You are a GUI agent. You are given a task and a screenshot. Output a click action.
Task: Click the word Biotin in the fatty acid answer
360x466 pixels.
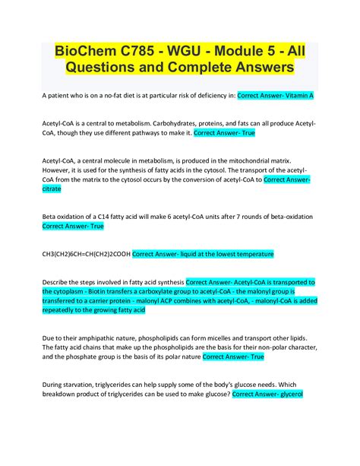tap(94, 291)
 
